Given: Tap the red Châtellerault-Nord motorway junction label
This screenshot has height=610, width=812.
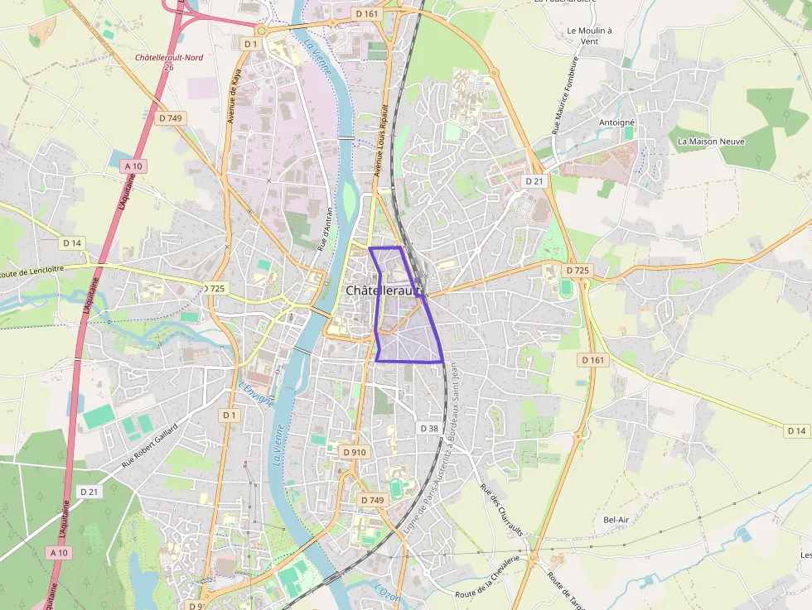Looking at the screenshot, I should click(x=167, y=58).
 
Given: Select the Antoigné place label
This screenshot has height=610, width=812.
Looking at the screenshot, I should click(x=616, y=122).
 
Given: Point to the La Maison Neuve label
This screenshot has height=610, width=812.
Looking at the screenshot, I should click(x=711, y=142).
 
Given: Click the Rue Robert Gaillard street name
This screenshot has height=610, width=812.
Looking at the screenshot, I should click(x=150, y=446).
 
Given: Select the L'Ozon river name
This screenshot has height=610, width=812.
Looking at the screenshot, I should click(x=387, y=593).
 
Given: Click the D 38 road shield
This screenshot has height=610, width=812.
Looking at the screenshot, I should click(x=428, y=428).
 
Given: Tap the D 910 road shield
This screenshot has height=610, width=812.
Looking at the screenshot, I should click(x=354, y=452).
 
